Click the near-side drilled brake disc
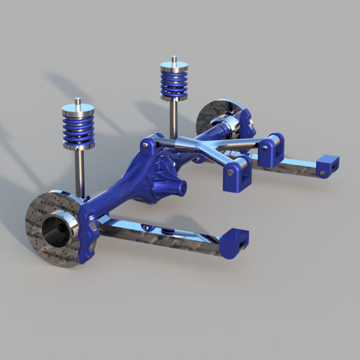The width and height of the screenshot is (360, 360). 38,237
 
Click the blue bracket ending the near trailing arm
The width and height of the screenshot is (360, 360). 234,241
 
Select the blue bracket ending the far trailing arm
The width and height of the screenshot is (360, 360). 327,165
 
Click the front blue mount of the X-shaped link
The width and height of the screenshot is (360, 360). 238,174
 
